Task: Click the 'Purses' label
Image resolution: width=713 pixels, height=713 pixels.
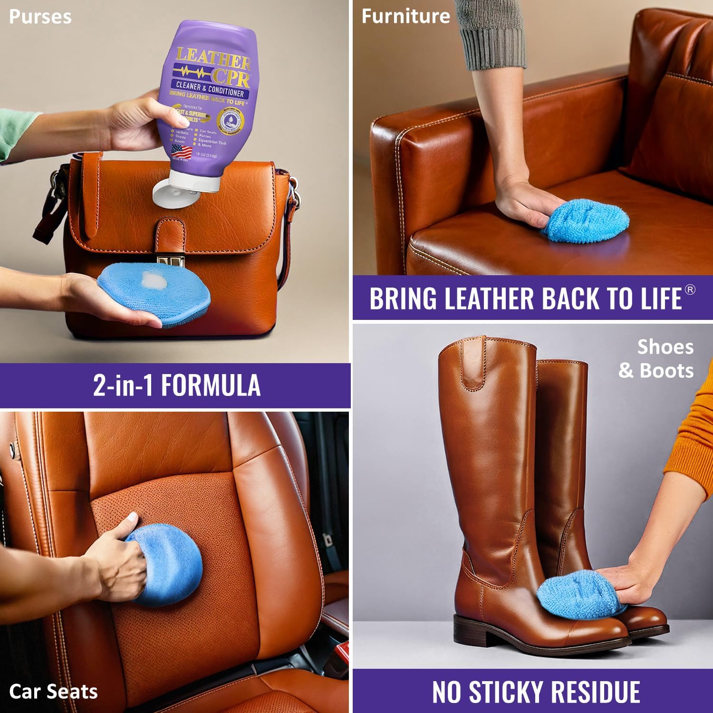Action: pyautogui.click(x=40, y=17)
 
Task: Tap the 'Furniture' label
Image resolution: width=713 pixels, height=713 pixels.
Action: pyautogui.click(x=405, y=17)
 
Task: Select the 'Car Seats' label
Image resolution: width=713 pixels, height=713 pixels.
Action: pyautogui.click(x=53, y=692)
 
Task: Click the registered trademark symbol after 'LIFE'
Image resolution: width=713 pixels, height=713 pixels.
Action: pyautogui.click(x=690, y=289)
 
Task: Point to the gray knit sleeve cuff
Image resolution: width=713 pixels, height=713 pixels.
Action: pyautogui.click(x=492, y=45)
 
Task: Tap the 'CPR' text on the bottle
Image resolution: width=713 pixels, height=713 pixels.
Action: pyautogui.click(x=231, y=76)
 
